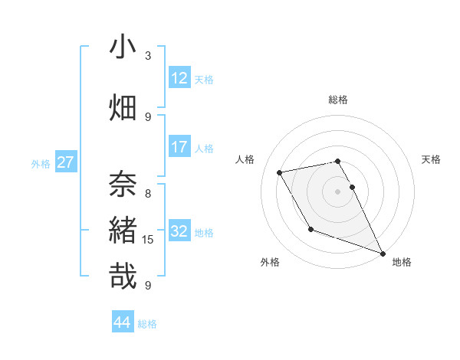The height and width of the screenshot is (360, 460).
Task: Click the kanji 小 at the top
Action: tap(123, 47)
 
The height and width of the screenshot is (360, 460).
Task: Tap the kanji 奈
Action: tap(123, 183)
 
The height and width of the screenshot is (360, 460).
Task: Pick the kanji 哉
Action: tap(123, 276)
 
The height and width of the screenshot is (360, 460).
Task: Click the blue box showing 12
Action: tap(179, 78)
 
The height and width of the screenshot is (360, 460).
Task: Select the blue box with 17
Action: tap(179, 147)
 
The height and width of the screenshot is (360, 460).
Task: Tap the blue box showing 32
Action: tap(179, 231)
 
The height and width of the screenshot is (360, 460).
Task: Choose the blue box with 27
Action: tap(65, 162)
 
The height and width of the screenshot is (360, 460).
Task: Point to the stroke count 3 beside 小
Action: tap(148, 56)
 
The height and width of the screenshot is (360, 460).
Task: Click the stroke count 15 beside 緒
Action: tap(148, 240)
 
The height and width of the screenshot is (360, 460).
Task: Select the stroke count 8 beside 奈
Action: tap(148, 193)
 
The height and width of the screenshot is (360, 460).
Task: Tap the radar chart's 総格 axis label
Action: tap(337, 100)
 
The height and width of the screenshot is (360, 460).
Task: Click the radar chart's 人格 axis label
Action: tap(245, 159)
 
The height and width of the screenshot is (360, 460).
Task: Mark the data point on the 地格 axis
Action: tap(383, 254)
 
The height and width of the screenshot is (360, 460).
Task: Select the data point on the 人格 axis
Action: tap(280, 172)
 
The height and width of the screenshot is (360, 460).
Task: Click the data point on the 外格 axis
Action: tap(310, 229)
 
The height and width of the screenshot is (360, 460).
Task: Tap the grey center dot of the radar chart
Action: tap(337, 191)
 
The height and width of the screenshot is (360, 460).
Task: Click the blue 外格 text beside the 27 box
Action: tap(41, 163)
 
